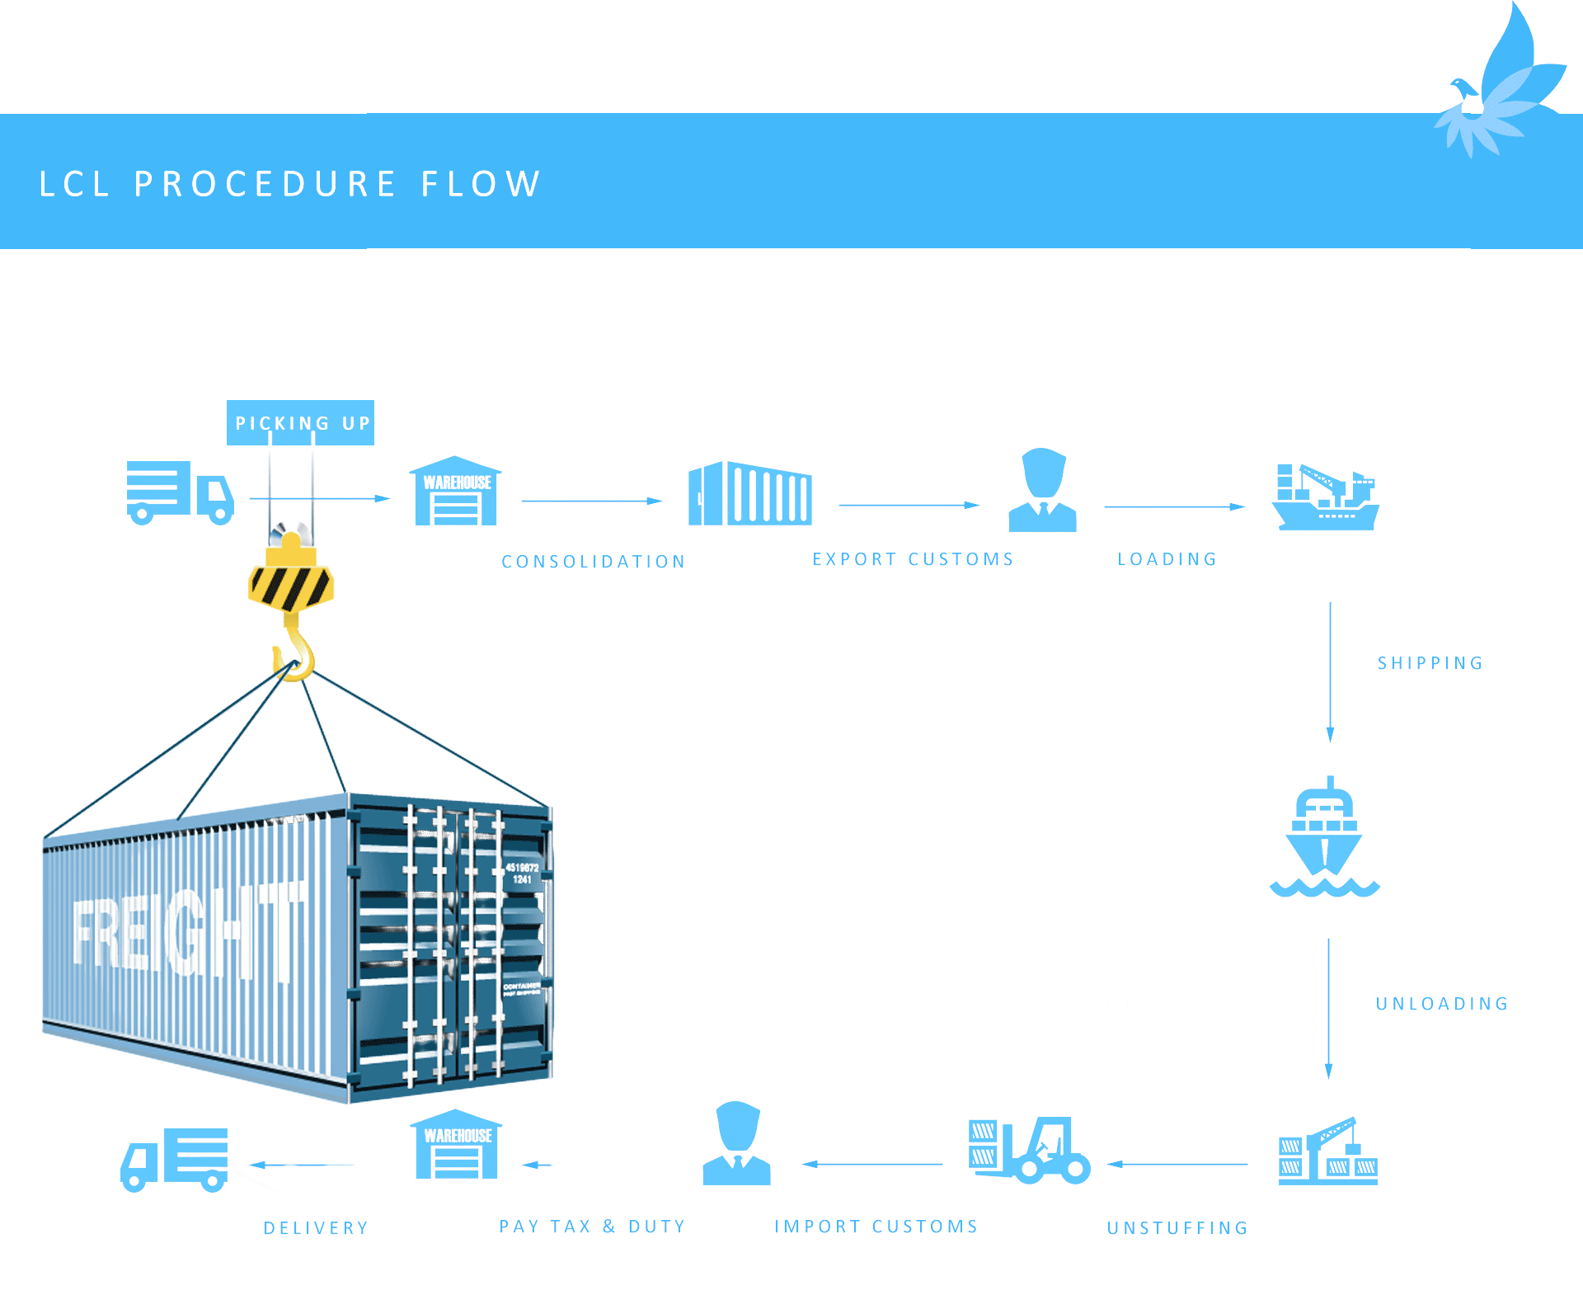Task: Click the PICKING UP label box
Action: click(300, 423)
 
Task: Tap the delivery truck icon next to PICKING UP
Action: click(180, 492)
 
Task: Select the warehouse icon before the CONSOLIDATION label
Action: click(455, 492)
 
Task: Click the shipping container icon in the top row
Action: click(750, 493)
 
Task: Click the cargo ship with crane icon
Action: click(1325, 497)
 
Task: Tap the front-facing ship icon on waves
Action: click(1325, 838)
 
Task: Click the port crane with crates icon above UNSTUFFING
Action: click(1328, 1151)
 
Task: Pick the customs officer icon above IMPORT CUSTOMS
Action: click(737, 1144)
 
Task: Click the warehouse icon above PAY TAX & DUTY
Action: click(455, 1146)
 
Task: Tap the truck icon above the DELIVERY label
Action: click(175, 1159)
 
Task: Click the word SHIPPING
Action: click(1430, 663)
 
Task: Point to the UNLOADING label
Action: click(1442, 1004)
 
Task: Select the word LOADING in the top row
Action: click(1167, 559)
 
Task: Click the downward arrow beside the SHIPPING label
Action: click(1330, 672)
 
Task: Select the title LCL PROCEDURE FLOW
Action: click(289, 183)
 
